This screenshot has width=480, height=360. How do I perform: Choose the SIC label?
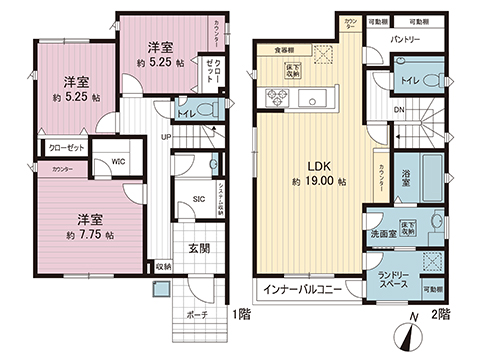(x=198, y=199)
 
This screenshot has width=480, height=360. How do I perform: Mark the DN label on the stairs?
(x=397, y=110)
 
